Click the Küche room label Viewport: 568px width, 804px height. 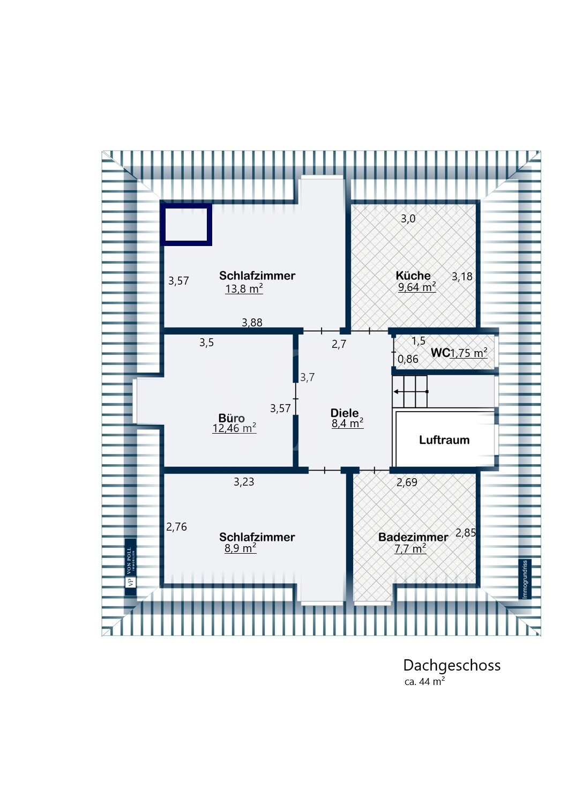tap(413, 276)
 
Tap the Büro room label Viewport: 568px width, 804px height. tap(231, 418)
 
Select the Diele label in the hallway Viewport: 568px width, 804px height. tap(344, 413)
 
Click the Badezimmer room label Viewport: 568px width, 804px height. tap(413, 537)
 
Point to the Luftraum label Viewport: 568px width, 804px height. tap(444, 440)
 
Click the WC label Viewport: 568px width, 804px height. tap(440, 353)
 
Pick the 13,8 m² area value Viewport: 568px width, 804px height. tap(244, 289)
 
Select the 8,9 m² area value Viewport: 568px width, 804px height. tap(240, 548)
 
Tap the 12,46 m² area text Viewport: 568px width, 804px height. tap(234, 428)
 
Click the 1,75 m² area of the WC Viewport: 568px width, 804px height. tap(468, 353)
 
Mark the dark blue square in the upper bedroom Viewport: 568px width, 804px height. tap(186, 224)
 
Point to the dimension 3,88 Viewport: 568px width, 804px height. tap(252, 322)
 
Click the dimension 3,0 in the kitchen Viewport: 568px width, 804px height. tap(408, 219)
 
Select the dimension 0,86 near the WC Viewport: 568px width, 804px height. tap(408, 359)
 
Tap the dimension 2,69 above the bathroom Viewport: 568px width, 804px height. tap(406, 482)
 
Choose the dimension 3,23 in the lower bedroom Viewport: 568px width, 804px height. tap(244, 482)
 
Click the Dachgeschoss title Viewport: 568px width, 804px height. tap(451, 665)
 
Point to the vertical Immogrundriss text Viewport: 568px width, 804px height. tap(525, 579)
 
